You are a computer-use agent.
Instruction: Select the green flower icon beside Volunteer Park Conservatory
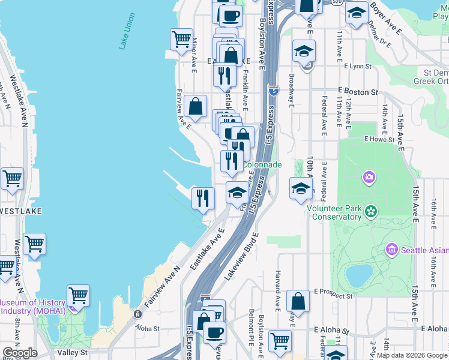[372, 211]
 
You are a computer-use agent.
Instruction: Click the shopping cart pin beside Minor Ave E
[181, 40]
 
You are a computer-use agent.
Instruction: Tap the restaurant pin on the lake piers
[203, 197]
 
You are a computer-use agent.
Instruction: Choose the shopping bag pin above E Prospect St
[298, 301]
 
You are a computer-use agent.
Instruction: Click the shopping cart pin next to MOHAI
[78, 295]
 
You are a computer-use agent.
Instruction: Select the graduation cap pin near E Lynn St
[304, 51]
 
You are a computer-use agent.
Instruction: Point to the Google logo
[20, 353]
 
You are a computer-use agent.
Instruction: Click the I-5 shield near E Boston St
[274, 91]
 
